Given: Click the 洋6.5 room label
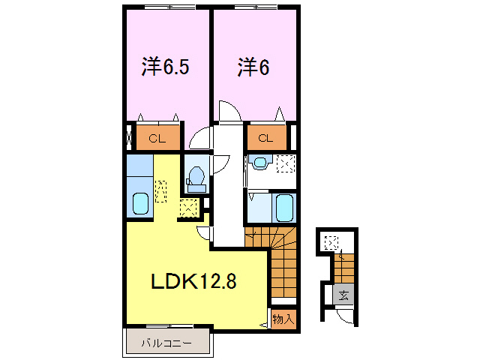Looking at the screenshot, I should coord(165,67).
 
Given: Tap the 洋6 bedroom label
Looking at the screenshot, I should coord(253,67).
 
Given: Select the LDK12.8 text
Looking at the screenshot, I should coord(194,281).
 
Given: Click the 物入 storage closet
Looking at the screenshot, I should coord(283,319).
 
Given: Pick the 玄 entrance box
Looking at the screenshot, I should coord(343,295).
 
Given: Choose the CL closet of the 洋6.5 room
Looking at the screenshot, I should coord(157,138).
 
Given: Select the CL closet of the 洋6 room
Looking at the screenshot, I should coord(266,138).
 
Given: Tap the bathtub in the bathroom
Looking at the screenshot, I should coord(283,206).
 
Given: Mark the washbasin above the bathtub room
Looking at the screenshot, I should coord(259,163).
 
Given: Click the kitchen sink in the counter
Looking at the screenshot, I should coord(140,202).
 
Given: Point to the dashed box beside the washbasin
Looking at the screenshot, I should coord(285,163).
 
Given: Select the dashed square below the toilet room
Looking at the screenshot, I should coord(189,207).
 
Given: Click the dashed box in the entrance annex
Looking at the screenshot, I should coord(331,242).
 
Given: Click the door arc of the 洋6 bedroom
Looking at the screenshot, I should coord(229,112).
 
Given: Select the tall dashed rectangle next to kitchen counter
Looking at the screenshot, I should coord(160,190).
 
